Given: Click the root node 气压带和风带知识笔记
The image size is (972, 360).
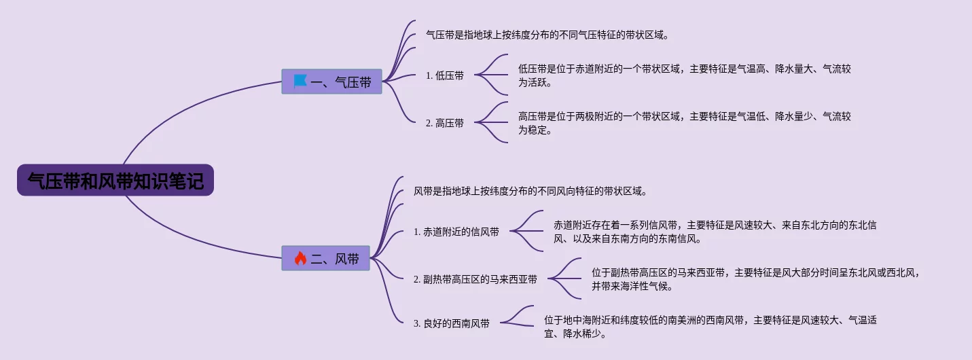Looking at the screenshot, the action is [115, 181].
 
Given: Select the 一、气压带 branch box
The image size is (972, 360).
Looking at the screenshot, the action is [332, 82].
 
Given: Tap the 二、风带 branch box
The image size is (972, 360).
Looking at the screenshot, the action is [326, 258].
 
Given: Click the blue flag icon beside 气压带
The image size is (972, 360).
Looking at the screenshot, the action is [300, 82].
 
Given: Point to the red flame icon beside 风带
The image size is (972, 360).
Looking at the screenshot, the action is [300, 258].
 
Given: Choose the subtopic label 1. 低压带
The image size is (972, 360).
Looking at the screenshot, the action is [445, 75].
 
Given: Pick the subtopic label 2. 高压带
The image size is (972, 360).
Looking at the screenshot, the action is [445, 123].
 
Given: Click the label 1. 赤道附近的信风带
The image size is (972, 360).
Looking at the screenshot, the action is [456, 232].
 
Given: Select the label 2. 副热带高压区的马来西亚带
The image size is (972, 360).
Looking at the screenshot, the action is [475, 279].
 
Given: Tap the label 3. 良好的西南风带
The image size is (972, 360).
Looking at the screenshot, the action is [452, 324].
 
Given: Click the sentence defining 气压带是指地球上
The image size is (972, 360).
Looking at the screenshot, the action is [547, 35].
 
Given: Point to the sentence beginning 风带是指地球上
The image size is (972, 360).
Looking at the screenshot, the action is [530, 191].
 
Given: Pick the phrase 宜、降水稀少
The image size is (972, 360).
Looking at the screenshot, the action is [575, 334].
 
